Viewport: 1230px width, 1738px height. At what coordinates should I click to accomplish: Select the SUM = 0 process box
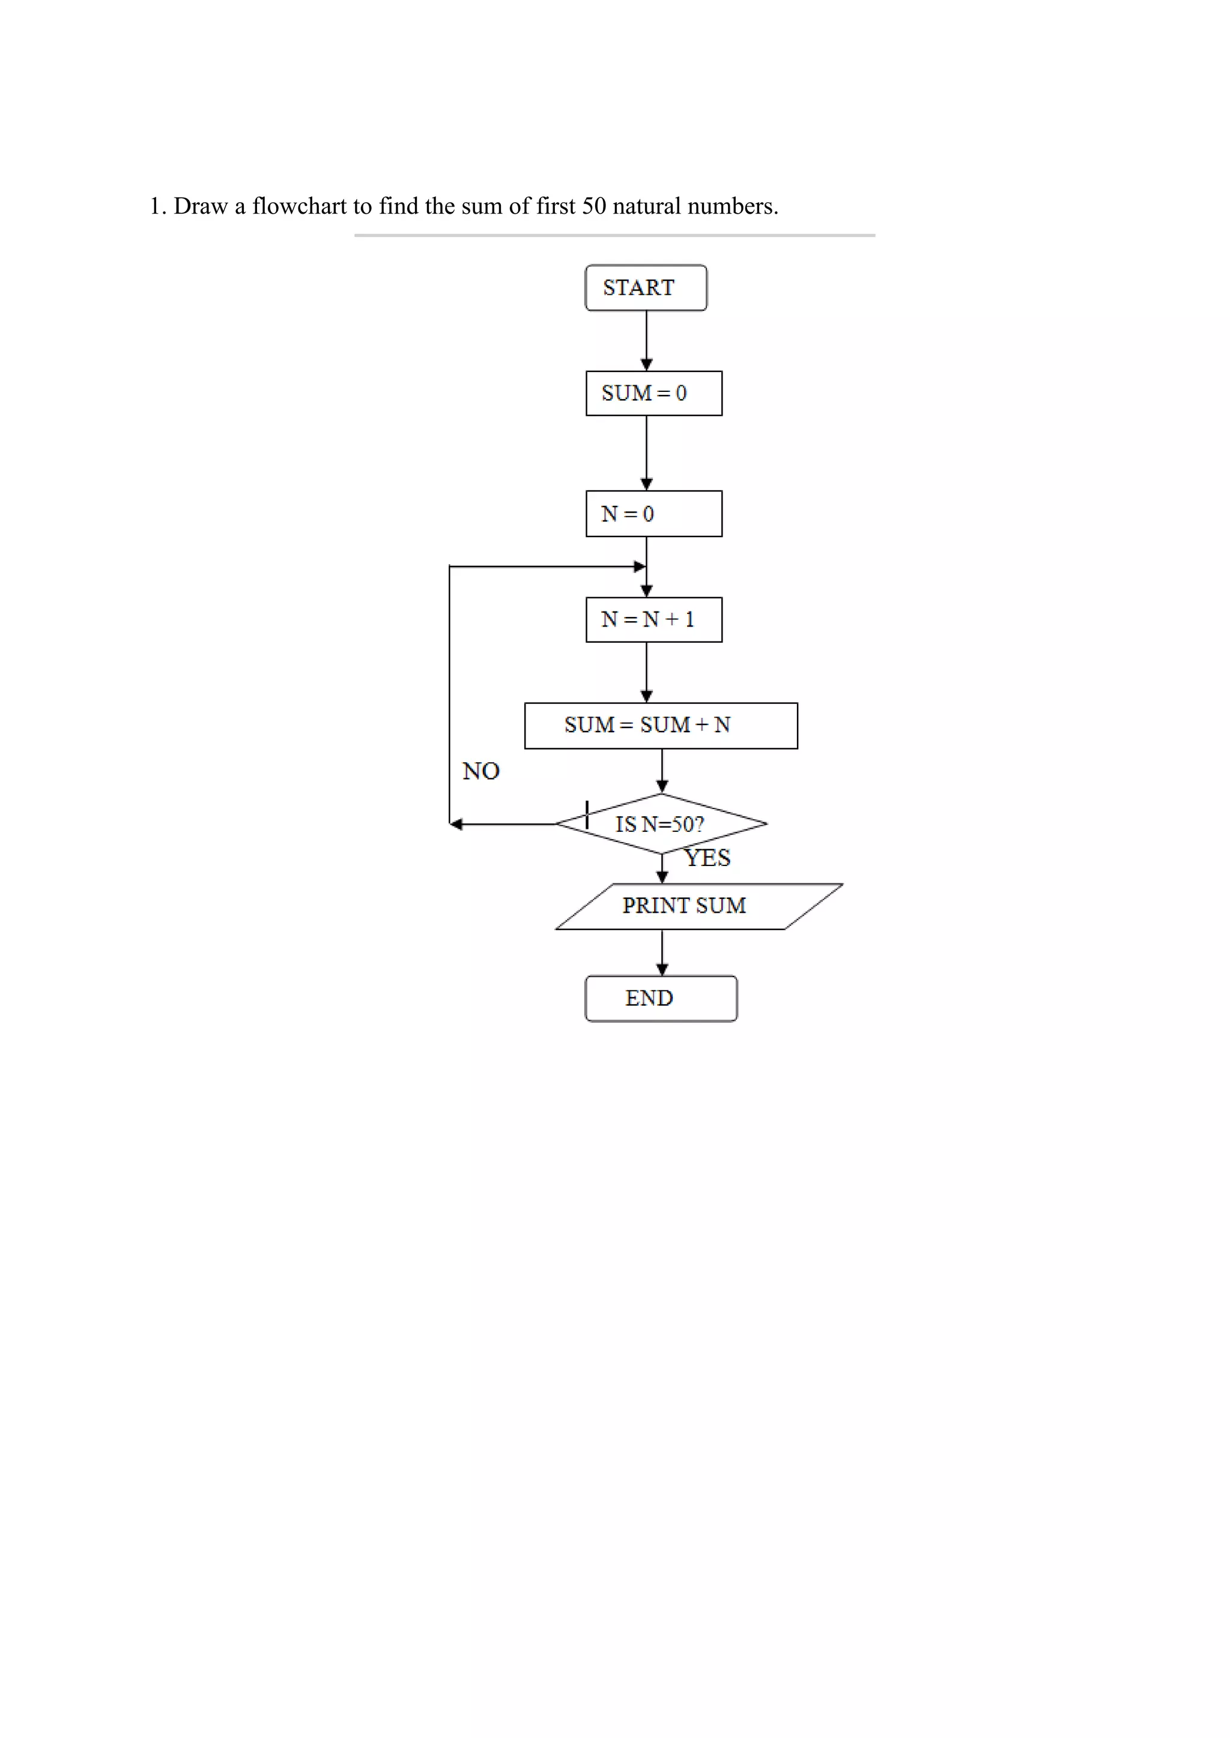point(653,393)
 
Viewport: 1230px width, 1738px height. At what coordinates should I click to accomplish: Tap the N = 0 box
point(653,514)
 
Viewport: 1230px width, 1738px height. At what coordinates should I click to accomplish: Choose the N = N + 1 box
point(653,620)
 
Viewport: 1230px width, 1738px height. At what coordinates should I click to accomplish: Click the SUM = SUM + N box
point(661,725)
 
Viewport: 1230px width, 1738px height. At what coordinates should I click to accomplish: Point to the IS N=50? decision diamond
point(661,823)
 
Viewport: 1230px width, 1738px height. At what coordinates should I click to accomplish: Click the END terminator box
point(661,999)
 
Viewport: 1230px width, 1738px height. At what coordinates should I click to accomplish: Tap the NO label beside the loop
point(481,771)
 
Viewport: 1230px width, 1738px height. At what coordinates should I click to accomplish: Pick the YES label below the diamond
point(707,858)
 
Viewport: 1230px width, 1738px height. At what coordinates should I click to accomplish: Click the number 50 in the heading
point(594,206)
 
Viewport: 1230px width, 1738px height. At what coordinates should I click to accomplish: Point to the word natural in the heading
point(646,206)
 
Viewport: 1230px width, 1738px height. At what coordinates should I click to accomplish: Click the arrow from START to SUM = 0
point(646,341)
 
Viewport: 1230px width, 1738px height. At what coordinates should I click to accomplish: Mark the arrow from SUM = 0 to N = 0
point(646,453)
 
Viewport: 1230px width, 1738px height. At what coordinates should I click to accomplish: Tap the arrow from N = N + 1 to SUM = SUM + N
point(646,672)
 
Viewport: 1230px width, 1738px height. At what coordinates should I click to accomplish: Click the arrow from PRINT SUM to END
point(662,952)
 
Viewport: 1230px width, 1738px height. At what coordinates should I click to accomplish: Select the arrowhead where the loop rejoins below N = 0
point(640,566)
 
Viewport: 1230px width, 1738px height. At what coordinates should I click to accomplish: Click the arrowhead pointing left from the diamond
point(456,825)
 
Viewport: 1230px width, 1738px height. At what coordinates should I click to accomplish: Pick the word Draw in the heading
point(200,206)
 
